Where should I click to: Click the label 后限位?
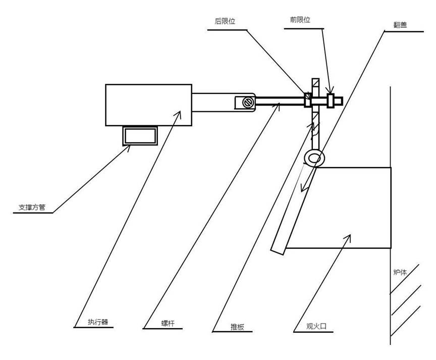tap(225, 21)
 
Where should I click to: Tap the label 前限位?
tap(300, 20)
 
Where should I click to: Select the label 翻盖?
tap(400, 25)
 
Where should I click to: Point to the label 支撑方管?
tap(32, 207)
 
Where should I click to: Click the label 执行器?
tap(98, 322)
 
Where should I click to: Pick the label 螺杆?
tap(168, 324)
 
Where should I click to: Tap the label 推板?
tap(237, 327)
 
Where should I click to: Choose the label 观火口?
tap(316, 326)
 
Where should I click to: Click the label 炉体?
tap(400, 272)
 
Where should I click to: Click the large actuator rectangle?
tap(148, 105)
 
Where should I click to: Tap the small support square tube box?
tap(140, 136)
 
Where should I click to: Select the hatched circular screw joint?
tap(247, 102)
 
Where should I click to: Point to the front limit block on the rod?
tap(331, 101)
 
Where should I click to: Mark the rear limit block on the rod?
tap(307, 99)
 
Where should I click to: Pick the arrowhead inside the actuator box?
tap(178, 114)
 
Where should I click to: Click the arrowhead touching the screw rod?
tap(277, 106)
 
